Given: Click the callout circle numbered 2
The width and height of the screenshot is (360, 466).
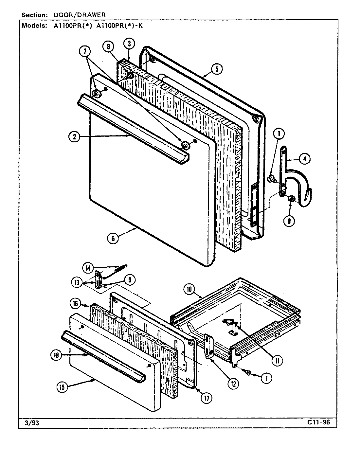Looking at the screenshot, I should click(74, 137).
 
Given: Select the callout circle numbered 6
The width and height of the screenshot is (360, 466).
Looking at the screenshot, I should click(113, 238).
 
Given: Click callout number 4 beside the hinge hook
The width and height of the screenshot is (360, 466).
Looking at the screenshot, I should click(304, 159).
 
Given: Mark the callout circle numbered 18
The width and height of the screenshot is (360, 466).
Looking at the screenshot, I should click(56, 355).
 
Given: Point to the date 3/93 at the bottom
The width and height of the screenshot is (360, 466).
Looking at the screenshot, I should click(31, 422).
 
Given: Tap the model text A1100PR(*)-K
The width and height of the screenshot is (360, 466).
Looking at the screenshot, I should click(119, 26).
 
